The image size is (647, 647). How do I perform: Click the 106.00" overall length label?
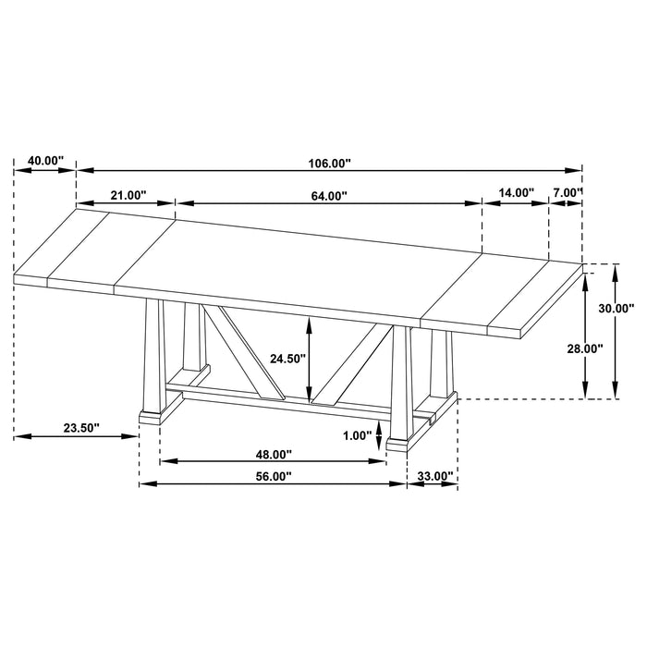(x=330, y=163)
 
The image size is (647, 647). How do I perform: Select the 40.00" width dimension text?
(x=45, y=161)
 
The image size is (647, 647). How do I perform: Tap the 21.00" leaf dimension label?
(x=128, y=195)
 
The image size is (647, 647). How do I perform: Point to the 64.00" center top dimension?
(x=328, y=195)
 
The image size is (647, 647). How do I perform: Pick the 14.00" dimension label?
(x=516, y=193)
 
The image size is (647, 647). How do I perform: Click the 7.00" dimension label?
(x=566, y=193)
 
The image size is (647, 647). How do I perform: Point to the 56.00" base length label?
(x=273, y=476)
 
